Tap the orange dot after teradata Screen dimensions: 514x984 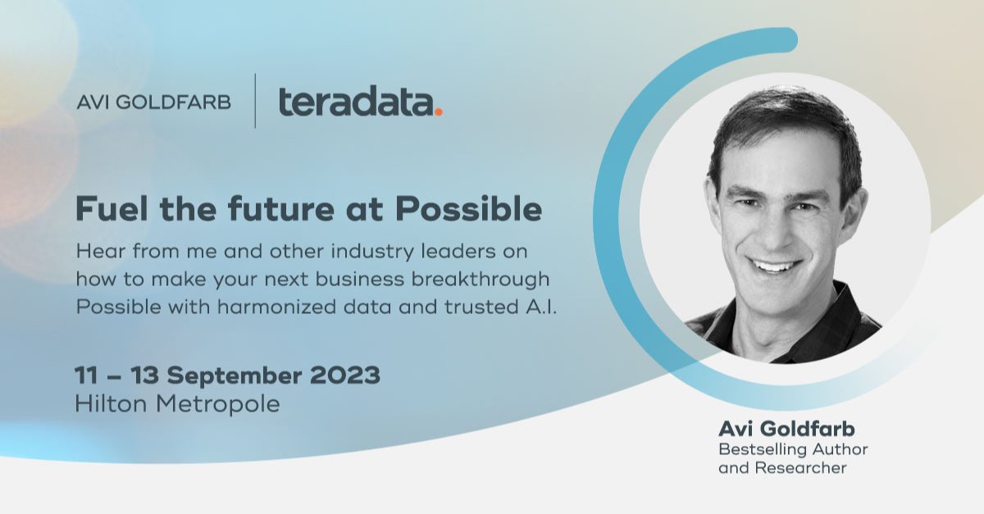(x=439, y=112)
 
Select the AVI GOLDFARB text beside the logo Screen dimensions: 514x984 (x=153, y=102)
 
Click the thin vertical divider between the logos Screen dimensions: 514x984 (x=255, y=101)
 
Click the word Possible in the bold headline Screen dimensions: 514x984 (x=468, y=210)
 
